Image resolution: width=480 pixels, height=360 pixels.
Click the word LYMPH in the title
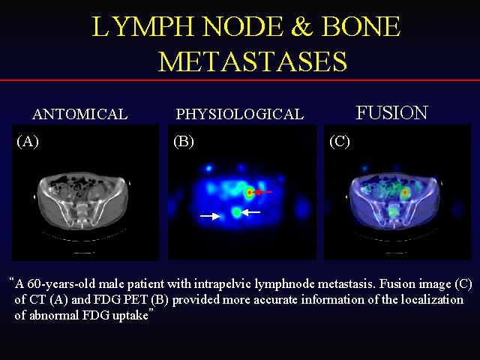tap(143, 26)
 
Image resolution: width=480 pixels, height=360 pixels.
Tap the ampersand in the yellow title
tap(301, 26)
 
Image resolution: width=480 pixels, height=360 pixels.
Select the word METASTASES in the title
tap(253, 61)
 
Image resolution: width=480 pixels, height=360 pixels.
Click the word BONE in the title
tap(361, 26)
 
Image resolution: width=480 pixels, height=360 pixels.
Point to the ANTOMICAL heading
tap(80, 114)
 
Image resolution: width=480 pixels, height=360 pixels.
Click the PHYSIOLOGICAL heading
tap(240, 114)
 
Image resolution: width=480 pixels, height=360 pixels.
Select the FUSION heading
tap(391, 112)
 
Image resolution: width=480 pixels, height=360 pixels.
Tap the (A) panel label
tap(28, 142)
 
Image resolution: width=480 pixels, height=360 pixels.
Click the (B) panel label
tap(184, 142)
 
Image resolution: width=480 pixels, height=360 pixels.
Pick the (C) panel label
tap(340, 142)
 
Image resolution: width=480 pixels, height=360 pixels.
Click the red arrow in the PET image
tap(263, 192)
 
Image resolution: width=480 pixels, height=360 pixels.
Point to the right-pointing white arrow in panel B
tap(210, 216)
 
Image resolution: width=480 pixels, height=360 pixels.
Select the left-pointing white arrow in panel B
tap(250, 211)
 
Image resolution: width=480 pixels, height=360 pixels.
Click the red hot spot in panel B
tap(250, 193)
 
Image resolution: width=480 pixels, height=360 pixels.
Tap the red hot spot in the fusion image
tap(405, 193)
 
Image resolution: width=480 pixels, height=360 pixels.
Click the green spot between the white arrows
tap(236, 212)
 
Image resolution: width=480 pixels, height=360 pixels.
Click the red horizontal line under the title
tap(240, 80)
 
